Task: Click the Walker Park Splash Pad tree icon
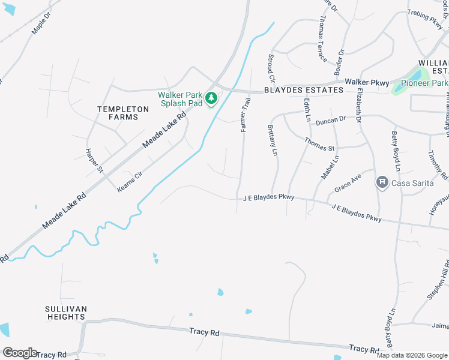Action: (211, 97)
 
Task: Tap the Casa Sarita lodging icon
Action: (381, 182)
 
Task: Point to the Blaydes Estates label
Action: (303, 91)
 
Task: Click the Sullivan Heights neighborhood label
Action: (66, 313)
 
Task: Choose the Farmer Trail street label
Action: (245, 115)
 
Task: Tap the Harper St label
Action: (95, 161)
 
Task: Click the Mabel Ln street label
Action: (330, 167)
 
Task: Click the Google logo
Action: (20, 353)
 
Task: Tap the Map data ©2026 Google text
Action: (412, 355)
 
